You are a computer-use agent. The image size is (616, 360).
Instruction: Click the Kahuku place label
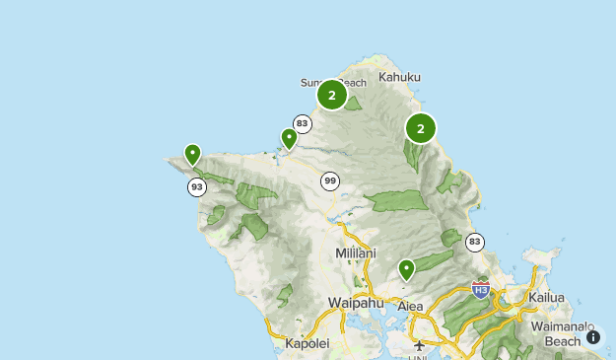(x=399, y=77)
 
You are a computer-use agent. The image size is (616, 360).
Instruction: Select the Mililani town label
(x=356, y=253)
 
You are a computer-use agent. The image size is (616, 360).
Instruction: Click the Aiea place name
(x=410, y=307)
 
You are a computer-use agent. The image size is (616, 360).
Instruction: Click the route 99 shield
(x=330, y=180)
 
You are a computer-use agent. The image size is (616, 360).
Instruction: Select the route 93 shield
(x=197, y=186)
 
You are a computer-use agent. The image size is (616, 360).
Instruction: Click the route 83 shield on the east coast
(x=476, y=242)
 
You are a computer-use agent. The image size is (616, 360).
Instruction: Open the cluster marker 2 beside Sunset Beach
(x=332, y=96)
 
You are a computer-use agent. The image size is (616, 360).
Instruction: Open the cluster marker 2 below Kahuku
(x=421, y=128)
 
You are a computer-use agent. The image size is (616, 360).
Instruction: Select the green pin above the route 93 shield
(x=192, y=155)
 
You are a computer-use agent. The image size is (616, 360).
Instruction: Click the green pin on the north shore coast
(x=289, y=139)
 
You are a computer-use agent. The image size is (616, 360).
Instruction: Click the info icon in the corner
(x=593, y=337)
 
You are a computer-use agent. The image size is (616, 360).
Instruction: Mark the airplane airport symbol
(x=421, y=345)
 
